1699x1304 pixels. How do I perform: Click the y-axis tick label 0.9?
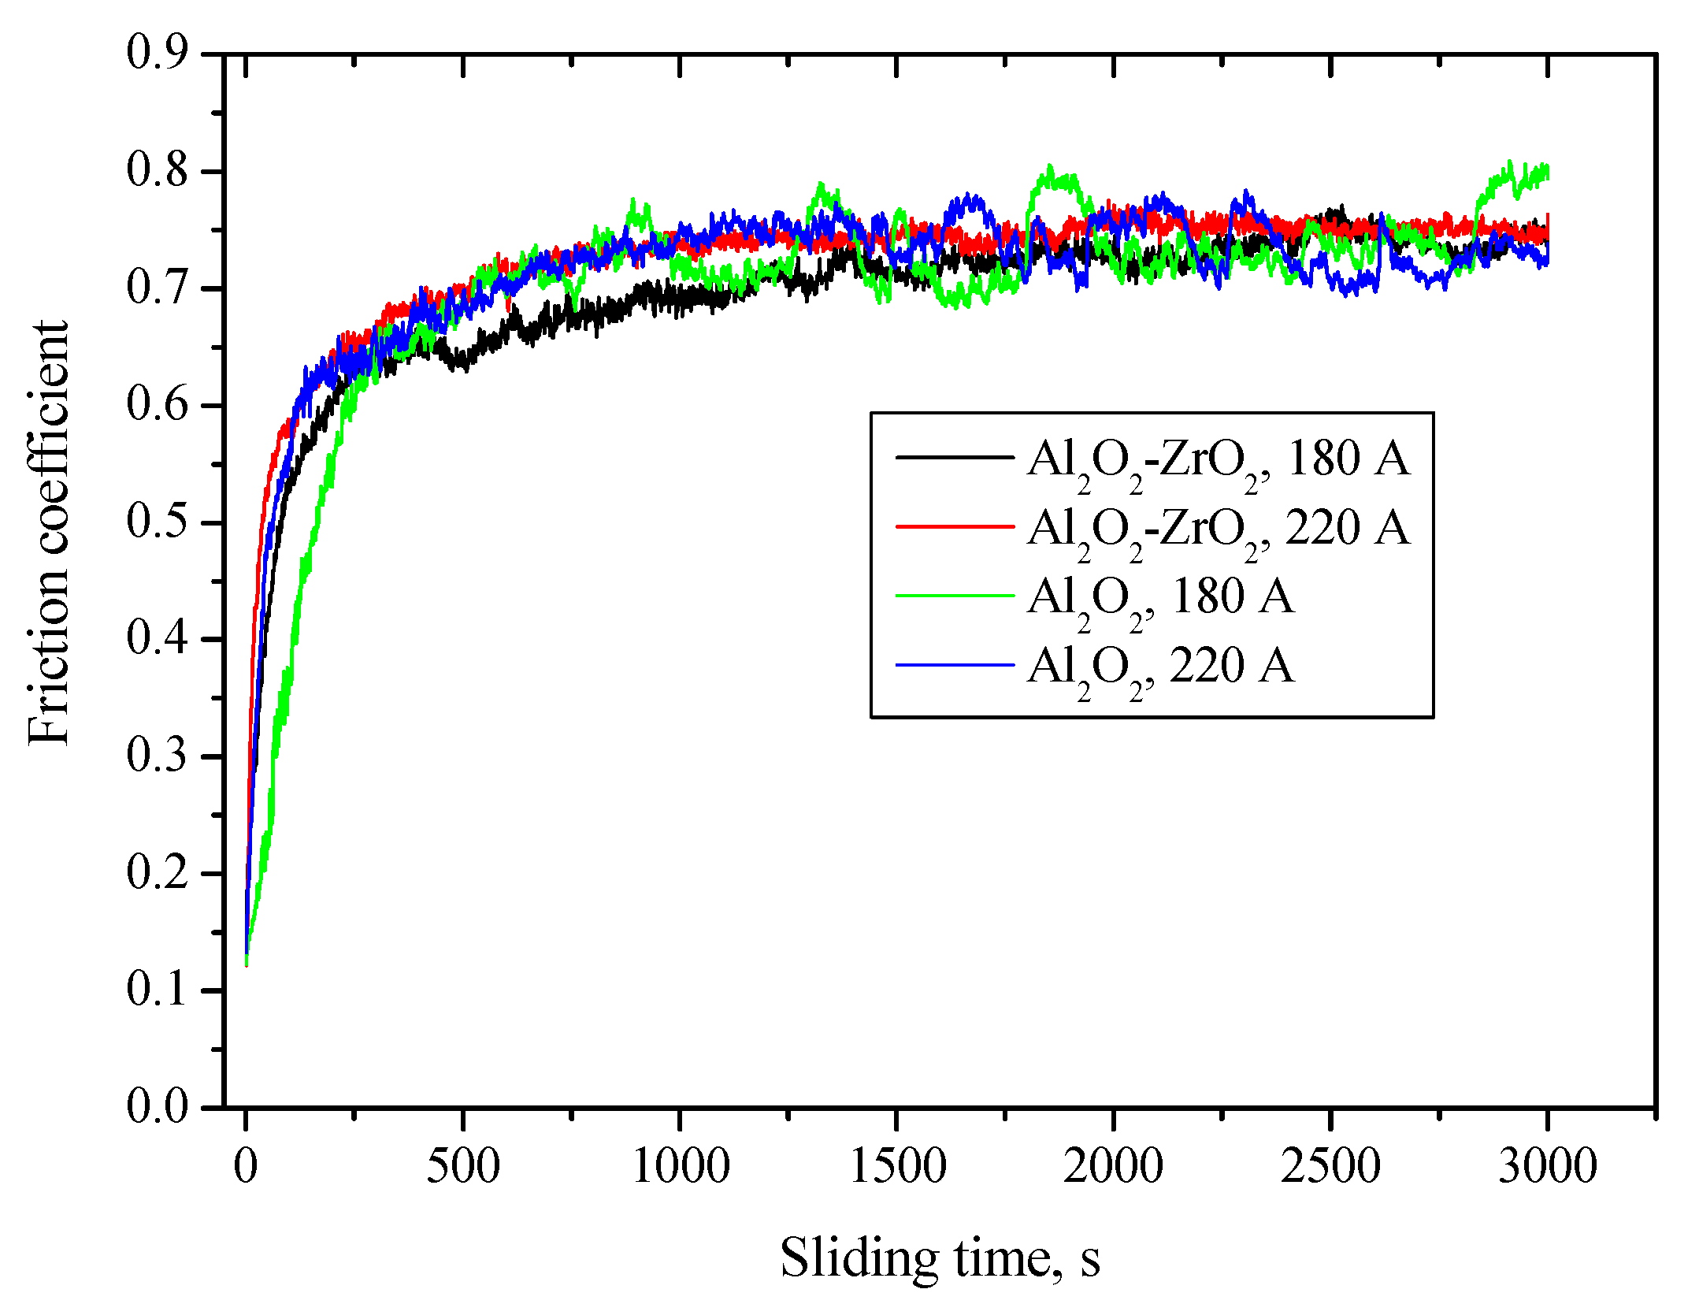click(157, 54)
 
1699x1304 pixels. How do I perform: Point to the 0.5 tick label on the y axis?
click(157, 522)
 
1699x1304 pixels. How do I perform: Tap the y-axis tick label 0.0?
click(157, 1106)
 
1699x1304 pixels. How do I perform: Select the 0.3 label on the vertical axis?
click(157, 756)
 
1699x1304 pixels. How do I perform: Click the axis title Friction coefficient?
click(47, 533)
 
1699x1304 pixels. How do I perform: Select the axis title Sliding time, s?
click(940, 1258)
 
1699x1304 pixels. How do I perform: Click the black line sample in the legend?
click(955, 456)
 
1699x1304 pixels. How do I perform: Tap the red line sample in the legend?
click(955, 526)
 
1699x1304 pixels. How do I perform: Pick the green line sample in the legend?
click(955, 596)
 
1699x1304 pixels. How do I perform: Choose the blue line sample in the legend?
click(955, 666)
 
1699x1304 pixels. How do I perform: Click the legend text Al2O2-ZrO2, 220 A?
click(1218, 528)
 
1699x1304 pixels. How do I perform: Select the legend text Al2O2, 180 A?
click(1159, 597)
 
